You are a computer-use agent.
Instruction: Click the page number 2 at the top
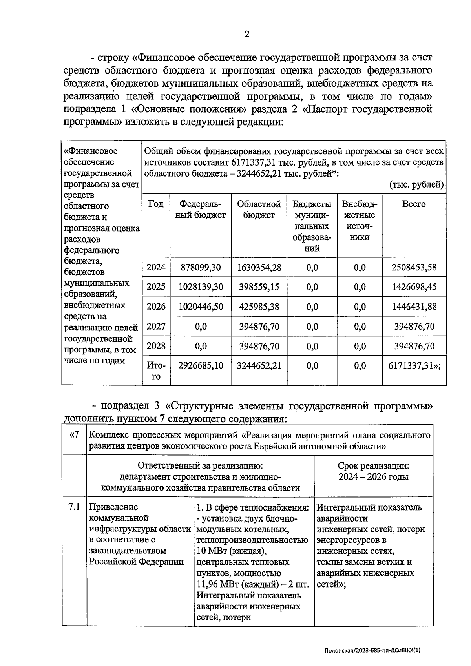(247, 35)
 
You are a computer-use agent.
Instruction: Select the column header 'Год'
(156, 204)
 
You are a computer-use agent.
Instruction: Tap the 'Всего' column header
(414, 204)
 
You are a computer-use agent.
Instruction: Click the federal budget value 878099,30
(201, 268)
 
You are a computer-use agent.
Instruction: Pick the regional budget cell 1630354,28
(259, 268)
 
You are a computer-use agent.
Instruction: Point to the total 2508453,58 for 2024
(414, 268)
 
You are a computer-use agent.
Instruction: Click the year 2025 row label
(156, 287)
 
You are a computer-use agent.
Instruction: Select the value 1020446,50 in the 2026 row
(201, 307)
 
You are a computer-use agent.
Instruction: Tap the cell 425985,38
(259, 307)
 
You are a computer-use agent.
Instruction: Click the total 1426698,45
(414, 287)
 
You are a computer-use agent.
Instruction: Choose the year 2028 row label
(156, 346)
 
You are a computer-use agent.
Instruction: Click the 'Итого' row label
(156, 371)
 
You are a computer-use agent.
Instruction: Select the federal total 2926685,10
(201, 366)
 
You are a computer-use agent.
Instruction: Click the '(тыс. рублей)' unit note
(416, 184)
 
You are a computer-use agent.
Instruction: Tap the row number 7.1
(74, 507)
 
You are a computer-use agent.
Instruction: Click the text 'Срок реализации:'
(373, 466)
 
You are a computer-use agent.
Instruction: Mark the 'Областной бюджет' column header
(259, 210)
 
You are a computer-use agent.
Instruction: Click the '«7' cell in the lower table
(74, 435)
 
